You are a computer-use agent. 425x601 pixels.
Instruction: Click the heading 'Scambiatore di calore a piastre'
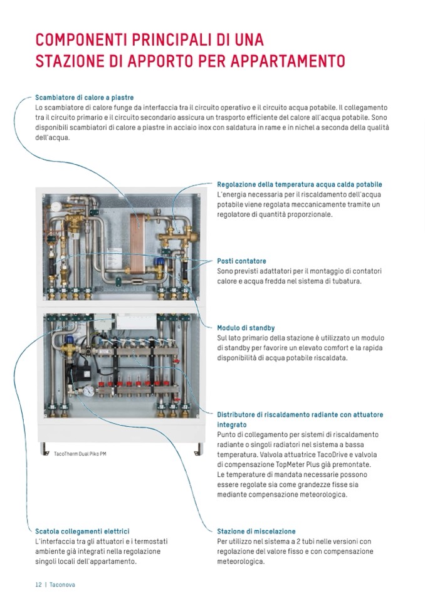[x=84, y=98]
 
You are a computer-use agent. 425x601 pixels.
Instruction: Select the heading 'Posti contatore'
[x=241, y=261]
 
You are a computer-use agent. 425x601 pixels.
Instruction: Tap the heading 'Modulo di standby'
[x=246, y=328]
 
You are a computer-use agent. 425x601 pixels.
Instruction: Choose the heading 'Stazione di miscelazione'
[x=256, y=531]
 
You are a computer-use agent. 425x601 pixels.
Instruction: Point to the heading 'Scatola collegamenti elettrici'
[x=82, y=531]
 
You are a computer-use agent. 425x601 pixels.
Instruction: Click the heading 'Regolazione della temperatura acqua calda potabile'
[x=299, y=184]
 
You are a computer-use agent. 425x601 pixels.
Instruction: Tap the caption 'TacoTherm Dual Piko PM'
[x=80, y=453]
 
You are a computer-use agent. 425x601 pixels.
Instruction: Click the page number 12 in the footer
[x=38, y=584]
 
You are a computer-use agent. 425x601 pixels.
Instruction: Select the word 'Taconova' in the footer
[x=62, y=584]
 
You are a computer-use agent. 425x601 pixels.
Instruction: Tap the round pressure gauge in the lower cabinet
[x=90, y=390]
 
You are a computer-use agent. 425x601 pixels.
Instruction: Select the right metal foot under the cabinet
[x=199, y=449]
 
